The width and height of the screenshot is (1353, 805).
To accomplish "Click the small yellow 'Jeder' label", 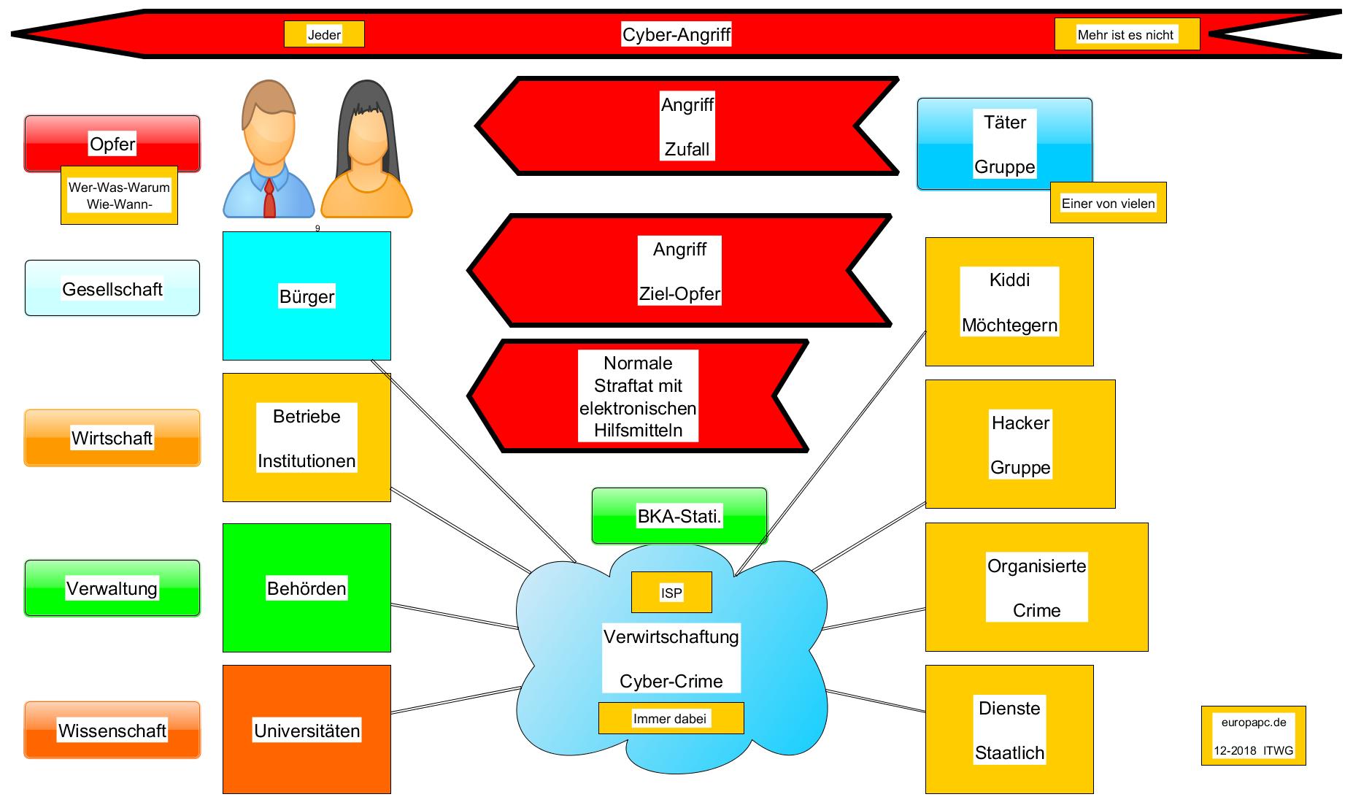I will pos(324,34).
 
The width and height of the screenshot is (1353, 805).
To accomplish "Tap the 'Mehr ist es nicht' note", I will pos(1126,34).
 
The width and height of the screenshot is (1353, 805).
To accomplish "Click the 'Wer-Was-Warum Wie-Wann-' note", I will pos(119,196).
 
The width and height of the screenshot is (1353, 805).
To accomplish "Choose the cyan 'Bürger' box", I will pos(307,296).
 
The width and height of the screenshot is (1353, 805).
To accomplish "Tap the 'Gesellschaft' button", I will pos(112,288).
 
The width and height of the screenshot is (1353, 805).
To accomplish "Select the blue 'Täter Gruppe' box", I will pos(1004,144).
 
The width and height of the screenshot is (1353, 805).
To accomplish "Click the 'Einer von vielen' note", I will pos(1108,203).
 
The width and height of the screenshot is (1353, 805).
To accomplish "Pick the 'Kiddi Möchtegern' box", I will pos(1009,301).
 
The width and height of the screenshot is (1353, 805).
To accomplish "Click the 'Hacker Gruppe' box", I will pos(1019,444).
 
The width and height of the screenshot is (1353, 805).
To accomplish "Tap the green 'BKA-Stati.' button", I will pos(679,516).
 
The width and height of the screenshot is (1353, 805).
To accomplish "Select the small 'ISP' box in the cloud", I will pos(671,592).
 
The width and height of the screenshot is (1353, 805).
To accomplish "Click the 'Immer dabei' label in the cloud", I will pos(671,718).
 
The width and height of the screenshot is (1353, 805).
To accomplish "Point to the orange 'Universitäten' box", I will pos(307,729).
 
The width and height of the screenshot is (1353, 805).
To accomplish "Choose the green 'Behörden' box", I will pos(307,588).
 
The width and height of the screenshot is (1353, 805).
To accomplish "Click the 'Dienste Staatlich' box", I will pos(1009,729).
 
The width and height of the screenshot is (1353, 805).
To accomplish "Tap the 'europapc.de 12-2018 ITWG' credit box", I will pos(1253,736).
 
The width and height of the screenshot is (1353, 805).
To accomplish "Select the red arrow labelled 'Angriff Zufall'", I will pos(686,126).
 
